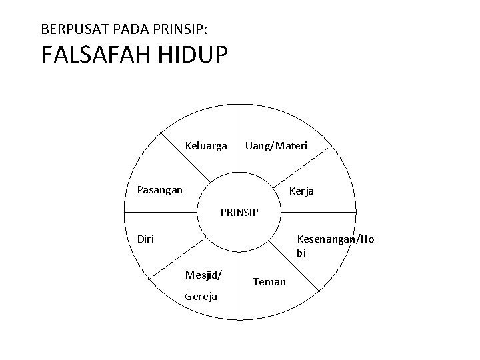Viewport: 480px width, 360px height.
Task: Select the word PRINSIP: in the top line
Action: [x=179, y=30]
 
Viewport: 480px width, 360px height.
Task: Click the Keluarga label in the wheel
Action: [x=206, y=145]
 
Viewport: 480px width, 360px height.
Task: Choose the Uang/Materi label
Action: [x=276, y=145]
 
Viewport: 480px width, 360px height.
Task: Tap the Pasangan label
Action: [x=159, y=189]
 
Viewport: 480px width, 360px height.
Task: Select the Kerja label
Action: [x=301, y=191]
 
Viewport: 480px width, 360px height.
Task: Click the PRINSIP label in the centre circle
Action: [x=239, y=213]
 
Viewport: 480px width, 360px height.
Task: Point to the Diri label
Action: [x=145, y=238]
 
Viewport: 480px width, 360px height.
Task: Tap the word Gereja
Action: [x=201, y=296]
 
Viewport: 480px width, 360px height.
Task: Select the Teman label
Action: [x=270, y=282]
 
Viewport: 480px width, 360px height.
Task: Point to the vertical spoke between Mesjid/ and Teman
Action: [x=239, y=293]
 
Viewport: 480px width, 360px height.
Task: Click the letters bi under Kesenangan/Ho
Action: [x=301, y=253]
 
